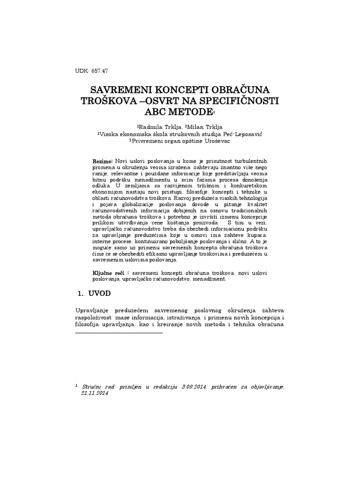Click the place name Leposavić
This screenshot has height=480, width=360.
[245, 133]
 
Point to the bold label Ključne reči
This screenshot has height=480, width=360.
[110, 272]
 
